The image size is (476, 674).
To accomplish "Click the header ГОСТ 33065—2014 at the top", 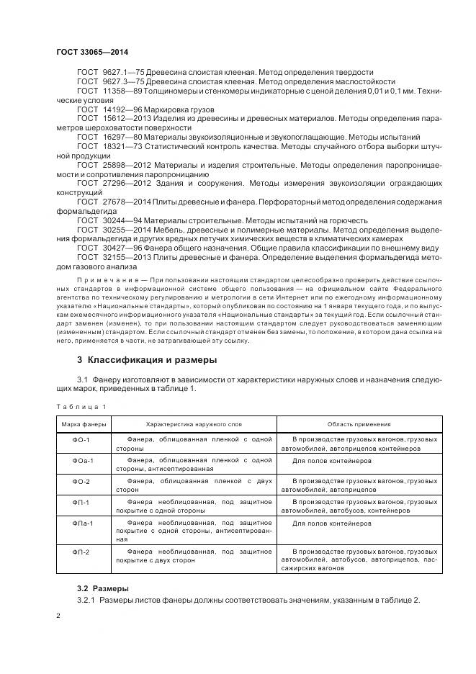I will pyautogui.click(x=87, y=52).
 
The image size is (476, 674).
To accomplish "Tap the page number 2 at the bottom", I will pyautogui.click(x=58, y=616).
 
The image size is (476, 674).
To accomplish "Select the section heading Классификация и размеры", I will pyautogui.click(x=147, y=359).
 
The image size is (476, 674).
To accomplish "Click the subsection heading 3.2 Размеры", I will pyautogui.click(x=103, y=588).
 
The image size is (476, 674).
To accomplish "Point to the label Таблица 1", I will pyautogui.click(x=76, y=407).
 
